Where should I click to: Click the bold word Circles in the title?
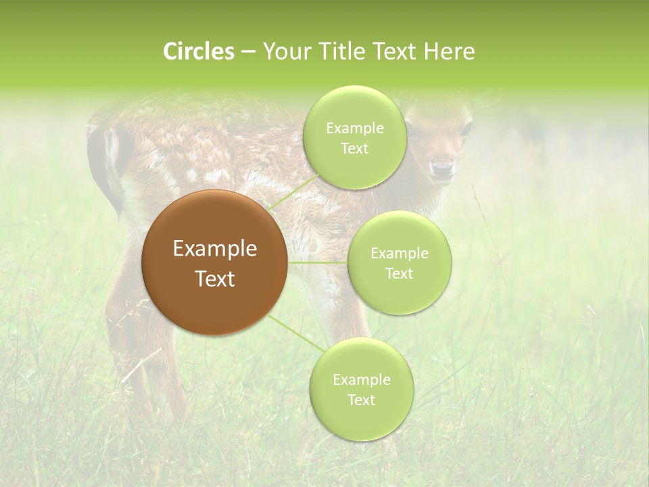(x=198, y=51)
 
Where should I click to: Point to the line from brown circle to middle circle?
(x=318, y=262)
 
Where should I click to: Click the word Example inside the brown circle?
(x=215, y=249)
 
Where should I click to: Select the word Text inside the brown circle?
(x=215, y=279)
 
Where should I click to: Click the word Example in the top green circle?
(x=355, y=128)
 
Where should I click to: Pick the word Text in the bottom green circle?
(x=361, y=400)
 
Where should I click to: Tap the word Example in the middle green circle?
(x=400, y=253)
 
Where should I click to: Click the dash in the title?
(x=247, y=51)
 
